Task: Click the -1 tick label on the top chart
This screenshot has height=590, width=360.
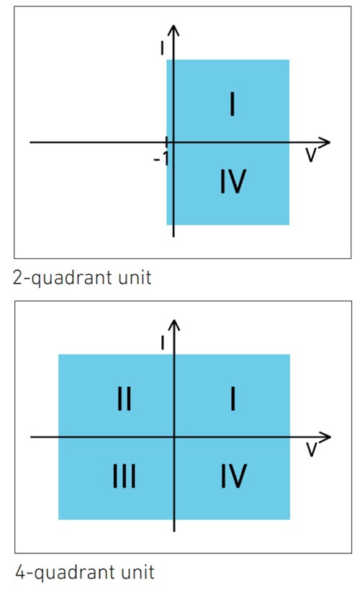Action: coord(161,160)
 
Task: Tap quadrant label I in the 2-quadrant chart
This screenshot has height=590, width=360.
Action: coord(233,104)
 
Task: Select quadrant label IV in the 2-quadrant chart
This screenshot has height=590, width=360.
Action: coord(233,181)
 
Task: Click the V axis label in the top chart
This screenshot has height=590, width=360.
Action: coord(310,155)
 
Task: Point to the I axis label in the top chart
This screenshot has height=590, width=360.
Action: coord(162,47)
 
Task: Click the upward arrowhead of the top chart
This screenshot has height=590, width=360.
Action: coord(174,30)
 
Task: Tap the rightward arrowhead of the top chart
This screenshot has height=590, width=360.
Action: coord(325,142)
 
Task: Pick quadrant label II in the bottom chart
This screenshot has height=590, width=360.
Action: coord(125,399)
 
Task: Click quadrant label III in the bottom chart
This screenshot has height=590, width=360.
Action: coord(125,476)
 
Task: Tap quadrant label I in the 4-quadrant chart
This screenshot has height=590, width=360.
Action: coord(233,399)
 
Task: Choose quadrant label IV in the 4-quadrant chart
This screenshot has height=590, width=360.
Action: coord(234,476)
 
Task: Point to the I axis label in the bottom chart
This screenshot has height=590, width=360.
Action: coord(163,342)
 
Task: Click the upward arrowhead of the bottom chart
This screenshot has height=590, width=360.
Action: coord(174,325)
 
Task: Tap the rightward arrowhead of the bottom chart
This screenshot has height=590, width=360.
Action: coord(325,437)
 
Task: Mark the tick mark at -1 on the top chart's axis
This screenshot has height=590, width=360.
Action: coord(167,142)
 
